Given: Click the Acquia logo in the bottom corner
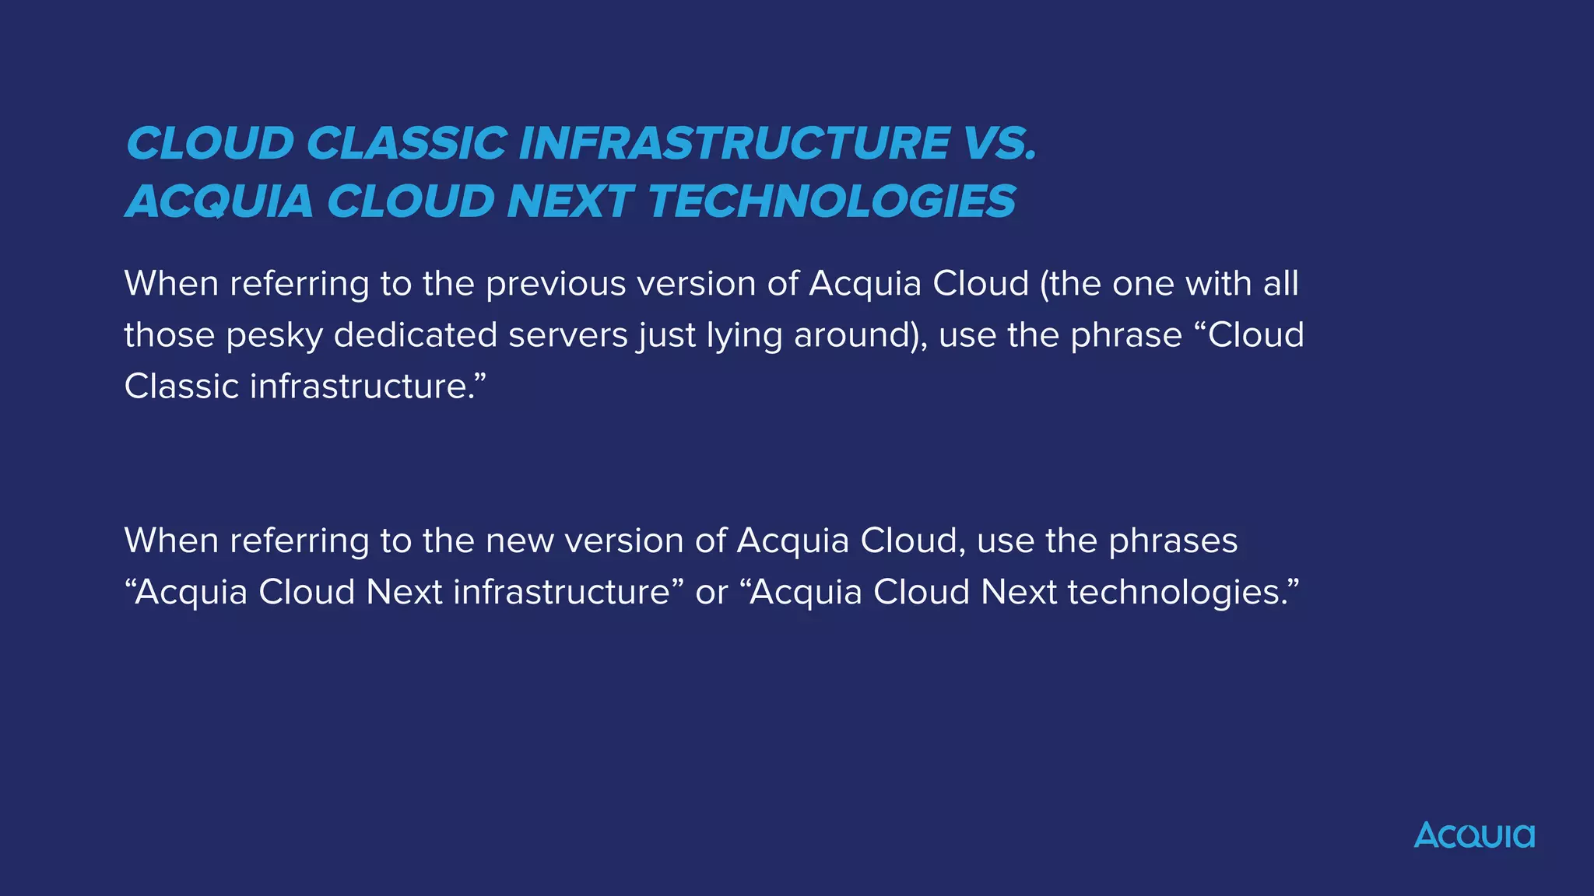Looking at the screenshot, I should pyautogui.click(x=1474, y=835).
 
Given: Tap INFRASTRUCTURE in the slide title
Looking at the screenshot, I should pyautogui.click(x=734, y=144).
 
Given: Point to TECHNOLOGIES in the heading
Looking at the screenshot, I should pyautogui.click(x=831, y=201).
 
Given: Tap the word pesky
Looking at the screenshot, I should pyautogui.click(x=274, y=335).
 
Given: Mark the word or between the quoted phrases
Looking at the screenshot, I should pyautogui.click(x=711, y=593).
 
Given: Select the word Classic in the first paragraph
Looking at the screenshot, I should pyautogui.click(x=181, y=387).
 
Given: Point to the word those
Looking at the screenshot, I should pyautogui.click(x=169, y=335).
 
